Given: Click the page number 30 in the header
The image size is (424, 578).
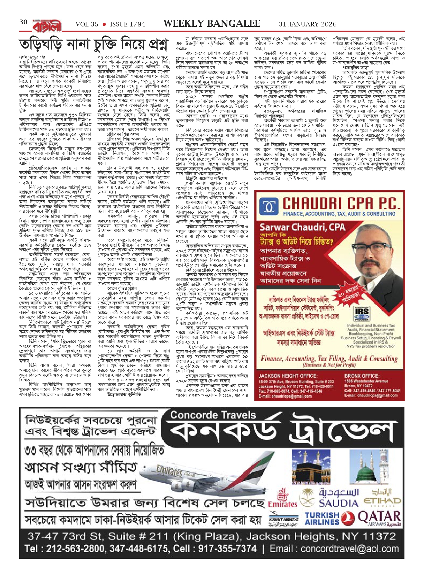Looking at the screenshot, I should click(x=23, y=22).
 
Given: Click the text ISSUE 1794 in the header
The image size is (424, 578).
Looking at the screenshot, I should click(x=127, y=24).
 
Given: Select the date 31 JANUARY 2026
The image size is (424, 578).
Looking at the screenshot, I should click(x=308, y=24).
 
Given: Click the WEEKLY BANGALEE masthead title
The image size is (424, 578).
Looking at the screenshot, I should click(x=212, y=24).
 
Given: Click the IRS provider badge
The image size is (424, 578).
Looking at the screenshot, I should click(x=362, y=313).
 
